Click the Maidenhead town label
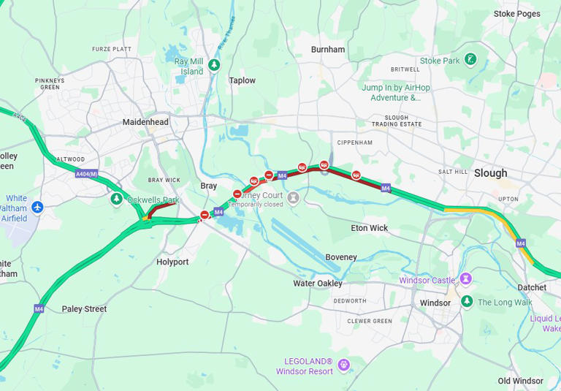pos(145,122)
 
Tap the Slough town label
pos(490,173)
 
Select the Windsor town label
pos(435,303)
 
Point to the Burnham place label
pos(327,50)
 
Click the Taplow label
pos(243,80)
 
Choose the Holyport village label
pos(172,262)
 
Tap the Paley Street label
pos(84,309)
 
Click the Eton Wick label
pos(370,228)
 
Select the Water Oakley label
pos(318,284)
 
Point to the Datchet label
pos(531,287)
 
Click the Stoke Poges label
pos(516,14)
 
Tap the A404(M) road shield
pos(86,174)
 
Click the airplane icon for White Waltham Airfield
pos(38,208)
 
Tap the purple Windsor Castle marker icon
pos(466,279)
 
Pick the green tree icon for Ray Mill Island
pos(214,66)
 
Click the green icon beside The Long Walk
pos(467,302)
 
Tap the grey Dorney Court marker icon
pos(294,197)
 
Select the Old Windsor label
pos(520,381)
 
